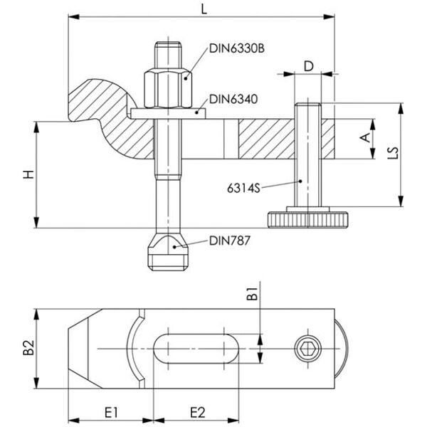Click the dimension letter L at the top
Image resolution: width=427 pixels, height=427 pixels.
point(205,9)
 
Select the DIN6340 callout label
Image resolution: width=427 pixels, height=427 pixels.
point(234,100)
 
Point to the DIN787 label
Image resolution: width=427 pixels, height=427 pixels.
point(229,241)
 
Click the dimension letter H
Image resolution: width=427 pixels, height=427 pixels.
point(26,175)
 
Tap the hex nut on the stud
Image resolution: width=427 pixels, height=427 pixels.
point(168,86)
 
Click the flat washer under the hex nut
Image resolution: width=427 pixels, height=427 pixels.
point(168,112)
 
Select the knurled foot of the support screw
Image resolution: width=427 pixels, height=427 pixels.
point(305,218)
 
